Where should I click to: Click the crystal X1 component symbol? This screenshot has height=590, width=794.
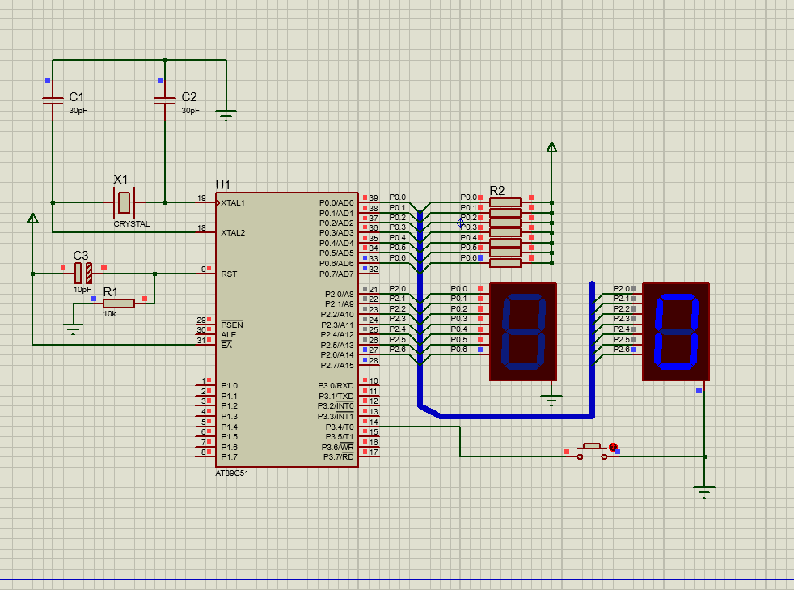(124, 203)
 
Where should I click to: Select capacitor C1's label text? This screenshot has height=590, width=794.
(77, 97)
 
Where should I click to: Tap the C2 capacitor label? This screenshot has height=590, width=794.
(189, 97)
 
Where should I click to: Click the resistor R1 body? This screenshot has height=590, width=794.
(119, 303)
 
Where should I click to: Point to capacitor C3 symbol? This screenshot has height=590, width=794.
(83, 274)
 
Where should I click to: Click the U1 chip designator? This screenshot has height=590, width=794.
(223, 185)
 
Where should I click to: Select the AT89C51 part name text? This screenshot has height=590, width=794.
(232, 473)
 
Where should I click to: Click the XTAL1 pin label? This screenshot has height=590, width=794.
(233, 203)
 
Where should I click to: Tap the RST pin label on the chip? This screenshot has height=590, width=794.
(229, 274)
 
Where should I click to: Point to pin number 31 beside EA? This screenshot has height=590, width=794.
(201, 340)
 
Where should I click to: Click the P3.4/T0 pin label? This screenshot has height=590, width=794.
(340, 427)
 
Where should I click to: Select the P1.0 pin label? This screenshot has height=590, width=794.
(229, 386)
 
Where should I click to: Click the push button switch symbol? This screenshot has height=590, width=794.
(592, 451)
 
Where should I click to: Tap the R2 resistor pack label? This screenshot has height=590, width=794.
(497, 190)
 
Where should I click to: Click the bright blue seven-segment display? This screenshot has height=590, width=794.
(676, 332)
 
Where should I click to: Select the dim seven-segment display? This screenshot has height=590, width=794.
(523, 332)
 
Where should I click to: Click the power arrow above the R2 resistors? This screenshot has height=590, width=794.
(552, 147)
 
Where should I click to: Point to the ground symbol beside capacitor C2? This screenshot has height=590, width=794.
(226, 116)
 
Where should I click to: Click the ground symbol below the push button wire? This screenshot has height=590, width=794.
(704, 492)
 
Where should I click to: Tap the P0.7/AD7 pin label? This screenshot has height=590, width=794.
(336, 274)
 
